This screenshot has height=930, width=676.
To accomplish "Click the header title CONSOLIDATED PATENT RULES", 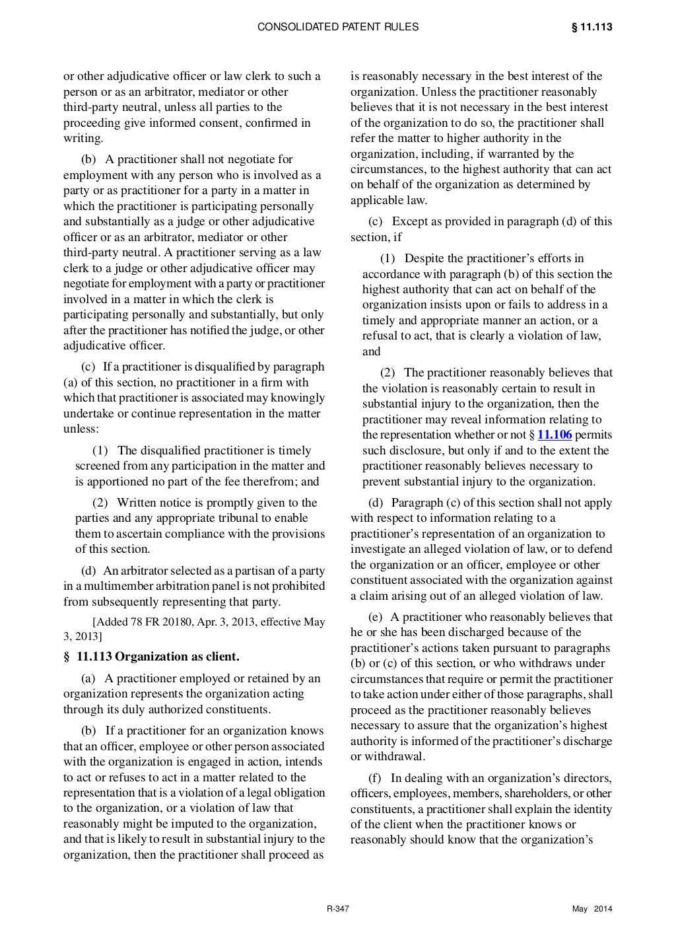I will click(x=337, y=27).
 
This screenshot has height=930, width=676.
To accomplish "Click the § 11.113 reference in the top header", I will click(x=591, y=27).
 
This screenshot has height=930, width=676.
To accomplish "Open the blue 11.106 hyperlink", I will click(x=555, y=435).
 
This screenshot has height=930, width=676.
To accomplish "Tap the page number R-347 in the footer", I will click(x=338, y=910).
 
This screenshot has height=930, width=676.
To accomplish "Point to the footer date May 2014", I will click(x=592, y=910).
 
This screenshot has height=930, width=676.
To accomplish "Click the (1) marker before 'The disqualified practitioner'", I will click(x=100, y=450).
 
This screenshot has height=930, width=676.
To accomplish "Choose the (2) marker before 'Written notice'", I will click(x=100, y=503).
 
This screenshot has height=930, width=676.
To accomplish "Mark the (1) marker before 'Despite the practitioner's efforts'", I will click(x=389, y=258).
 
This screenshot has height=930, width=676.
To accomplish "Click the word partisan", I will click(x=257, y=571).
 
